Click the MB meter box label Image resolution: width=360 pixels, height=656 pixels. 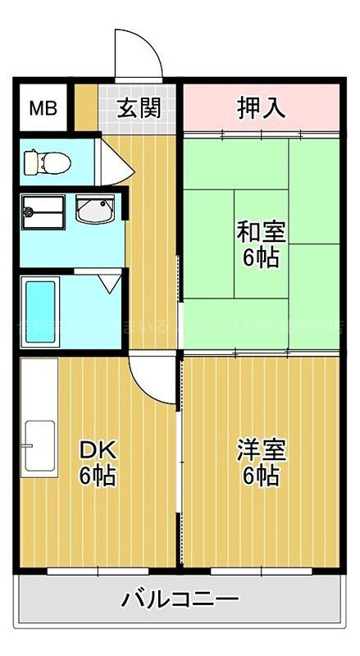point(43,108)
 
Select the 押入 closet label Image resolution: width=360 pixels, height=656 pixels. point(261,107)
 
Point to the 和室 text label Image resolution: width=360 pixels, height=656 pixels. point(261,231)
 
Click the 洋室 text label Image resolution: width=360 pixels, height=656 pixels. point(261,449)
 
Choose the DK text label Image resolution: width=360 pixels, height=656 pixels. point(98,449)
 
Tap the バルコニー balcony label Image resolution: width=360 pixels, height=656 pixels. point(180,599)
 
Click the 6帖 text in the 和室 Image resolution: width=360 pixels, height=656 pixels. point(261,257)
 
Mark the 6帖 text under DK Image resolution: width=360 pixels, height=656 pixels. point(98,476)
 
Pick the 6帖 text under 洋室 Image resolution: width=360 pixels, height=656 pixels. point(261,476)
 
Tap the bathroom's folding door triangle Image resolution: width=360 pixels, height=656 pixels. point(107,285)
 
